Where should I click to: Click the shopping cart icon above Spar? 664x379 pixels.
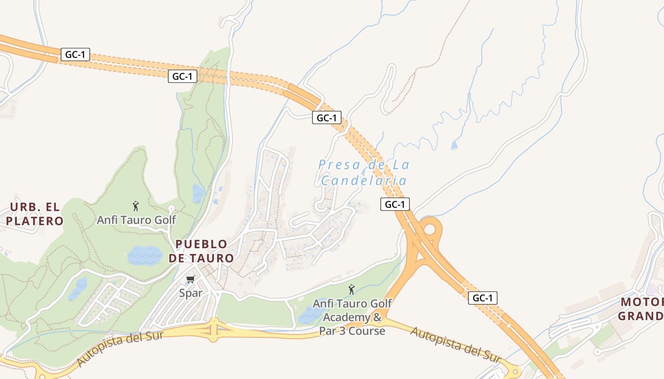191,279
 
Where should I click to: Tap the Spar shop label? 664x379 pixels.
191,293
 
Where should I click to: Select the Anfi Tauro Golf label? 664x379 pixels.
136,220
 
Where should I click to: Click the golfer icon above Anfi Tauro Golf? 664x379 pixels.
136,206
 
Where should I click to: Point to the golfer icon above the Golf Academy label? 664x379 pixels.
351,289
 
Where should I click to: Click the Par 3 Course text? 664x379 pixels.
352,331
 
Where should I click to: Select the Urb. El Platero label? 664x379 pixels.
36,214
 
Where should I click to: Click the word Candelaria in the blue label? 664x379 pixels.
364,180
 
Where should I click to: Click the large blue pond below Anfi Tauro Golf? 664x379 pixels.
145,256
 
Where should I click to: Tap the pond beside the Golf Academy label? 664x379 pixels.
311,315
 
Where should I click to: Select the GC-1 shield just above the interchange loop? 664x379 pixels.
395,204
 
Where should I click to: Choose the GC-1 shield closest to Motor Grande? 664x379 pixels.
483,298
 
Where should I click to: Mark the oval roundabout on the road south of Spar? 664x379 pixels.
214,329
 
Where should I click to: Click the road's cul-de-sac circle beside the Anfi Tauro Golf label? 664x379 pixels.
171,208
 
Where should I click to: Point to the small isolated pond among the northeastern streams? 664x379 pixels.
454,145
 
